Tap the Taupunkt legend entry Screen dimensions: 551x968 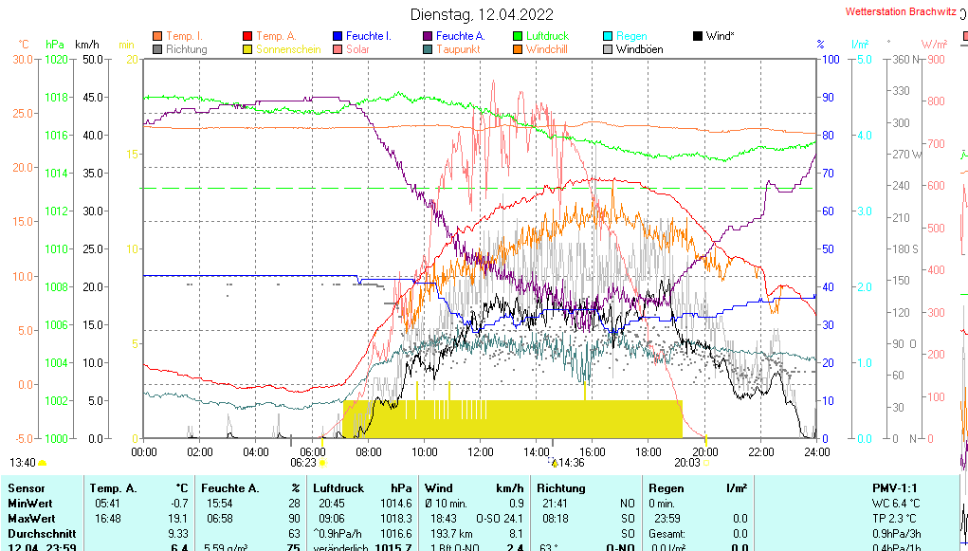coord(458,49)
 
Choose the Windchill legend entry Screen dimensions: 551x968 coord(547,49)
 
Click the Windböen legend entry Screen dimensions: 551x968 coord(639,49)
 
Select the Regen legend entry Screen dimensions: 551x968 coord(631,36)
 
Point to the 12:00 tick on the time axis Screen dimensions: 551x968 coord(481,451)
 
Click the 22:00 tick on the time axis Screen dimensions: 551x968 coord(761,451)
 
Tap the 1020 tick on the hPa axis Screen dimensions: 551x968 coord(56,60)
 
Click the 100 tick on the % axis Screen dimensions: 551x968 coord(829,60)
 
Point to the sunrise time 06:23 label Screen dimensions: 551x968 coord(302,463)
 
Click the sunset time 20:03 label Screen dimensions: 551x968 coord(686,463)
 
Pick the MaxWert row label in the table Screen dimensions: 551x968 coord(30,519)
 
